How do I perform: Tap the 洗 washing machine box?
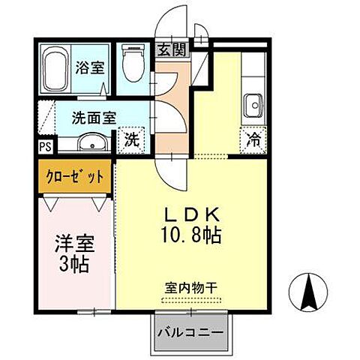[131, 139]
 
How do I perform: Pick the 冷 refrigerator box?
[253, 139]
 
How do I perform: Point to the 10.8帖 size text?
[191, 235]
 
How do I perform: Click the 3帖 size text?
[73, 264]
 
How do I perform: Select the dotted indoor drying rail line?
[190, 300]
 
